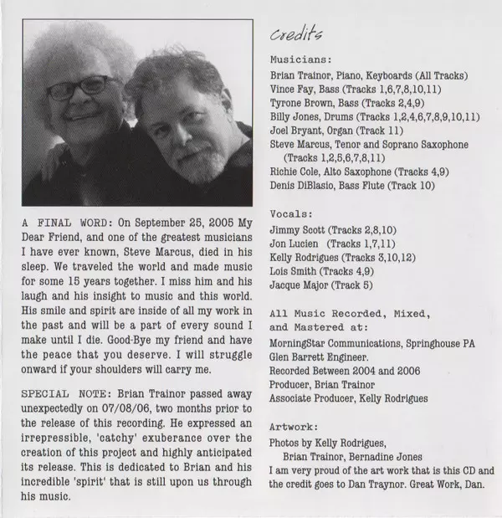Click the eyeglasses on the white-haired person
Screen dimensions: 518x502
82,87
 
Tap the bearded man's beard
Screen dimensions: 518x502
193,156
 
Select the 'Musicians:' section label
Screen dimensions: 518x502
300,60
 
